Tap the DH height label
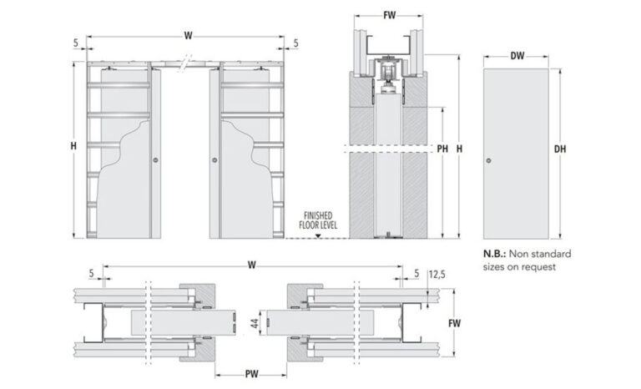click(561, 149)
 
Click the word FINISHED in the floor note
click(316, 214)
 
